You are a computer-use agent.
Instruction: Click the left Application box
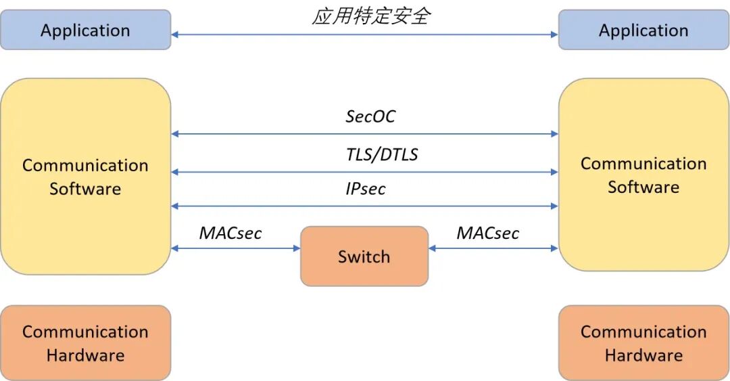point(85,30)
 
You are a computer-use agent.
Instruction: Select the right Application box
point(643,30)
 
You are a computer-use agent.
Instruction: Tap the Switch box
point(364,256)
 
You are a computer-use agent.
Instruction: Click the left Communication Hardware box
point(85,343)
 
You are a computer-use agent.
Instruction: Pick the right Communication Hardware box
point(643,343)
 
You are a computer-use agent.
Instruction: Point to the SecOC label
point(370,116)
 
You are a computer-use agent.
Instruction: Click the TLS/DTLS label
point(382,155)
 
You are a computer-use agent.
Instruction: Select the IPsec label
point(366,189)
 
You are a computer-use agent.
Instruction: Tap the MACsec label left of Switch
point(230,233)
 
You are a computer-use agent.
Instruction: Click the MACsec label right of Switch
point(487,233)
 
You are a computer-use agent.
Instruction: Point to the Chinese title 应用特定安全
point(370,16)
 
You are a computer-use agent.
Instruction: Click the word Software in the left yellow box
point(85,189)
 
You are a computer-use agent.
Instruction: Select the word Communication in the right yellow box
point(643,164)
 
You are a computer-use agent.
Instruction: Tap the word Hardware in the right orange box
point(643,355)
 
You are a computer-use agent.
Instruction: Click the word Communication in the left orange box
point(85,332)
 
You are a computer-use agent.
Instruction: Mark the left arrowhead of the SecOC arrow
point(175,134)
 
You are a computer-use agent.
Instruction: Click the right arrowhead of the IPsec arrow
point(554,206)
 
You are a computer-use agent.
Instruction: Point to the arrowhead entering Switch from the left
point(296,248)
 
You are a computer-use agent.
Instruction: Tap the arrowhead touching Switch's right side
point(433,248)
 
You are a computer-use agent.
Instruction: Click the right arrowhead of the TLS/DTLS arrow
point(554,172)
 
